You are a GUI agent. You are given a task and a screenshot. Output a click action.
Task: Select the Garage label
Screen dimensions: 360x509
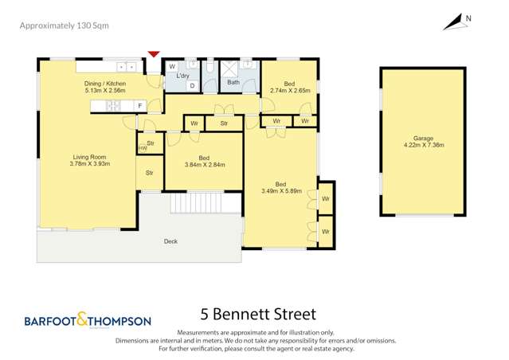423,137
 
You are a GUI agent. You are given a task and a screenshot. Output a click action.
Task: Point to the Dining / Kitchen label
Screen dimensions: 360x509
104,83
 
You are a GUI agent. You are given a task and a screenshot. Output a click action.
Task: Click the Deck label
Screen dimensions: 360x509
170,241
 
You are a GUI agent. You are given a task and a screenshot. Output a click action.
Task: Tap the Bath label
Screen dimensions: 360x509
233,82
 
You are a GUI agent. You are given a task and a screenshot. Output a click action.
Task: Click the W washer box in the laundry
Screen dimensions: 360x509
172,66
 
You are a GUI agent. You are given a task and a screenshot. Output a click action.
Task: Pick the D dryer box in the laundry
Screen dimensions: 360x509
191,85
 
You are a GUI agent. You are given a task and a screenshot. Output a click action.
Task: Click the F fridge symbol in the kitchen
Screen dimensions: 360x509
139,106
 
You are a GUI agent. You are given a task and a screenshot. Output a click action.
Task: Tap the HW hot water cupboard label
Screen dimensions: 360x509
143,148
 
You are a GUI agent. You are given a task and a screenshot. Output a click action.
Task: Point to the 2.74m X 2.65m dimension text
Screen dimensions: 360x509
289,91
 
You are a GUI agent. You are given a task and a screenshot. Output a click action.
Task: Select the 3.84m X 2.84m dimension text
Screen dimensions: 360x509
205,165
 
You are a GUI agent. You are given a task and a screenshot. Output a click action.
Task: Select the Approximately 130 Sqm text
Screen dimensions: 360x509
64,25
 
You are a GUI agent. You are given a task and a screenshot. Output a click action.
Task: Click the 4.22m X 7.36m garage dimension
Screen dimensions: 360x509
423,145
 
